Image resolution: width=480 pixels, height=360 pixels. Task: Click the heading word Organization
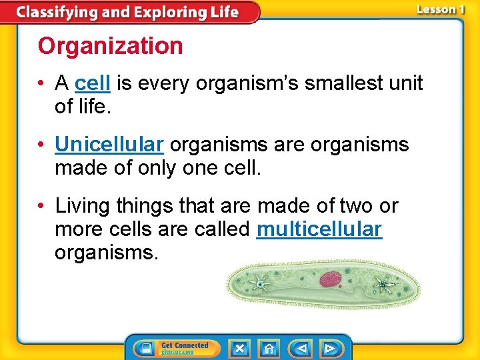pyautogui.click(x=110, y=46)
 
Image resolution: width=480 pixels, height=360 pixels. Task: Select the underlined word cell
pyautogui.click(x=93, y=83)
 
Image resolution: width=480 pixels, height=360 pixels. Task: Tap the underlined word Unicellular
pyautogui.click(x=109, y=145)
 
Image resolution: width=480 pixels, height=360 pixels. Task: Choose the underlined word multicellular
pyautogui.click(x=319, y=230)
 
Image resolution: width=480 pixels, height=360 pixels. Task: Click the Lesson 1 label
pyautogui.click(x=440, y=9)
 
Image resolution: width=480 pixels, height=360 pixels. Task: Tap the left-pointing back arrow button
pyautogui.click(x=302, y=348)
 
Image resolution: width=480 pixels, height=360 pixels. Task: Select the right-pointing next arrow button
pyautogui.click(x=329, y=348)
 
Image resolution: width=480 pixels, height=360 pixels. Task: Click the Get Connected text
pyautogui.click(x=185, y=345)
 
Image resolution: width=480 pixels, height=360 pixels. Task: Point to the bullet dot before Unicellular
pyautogui.click(x=42, y=145)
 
